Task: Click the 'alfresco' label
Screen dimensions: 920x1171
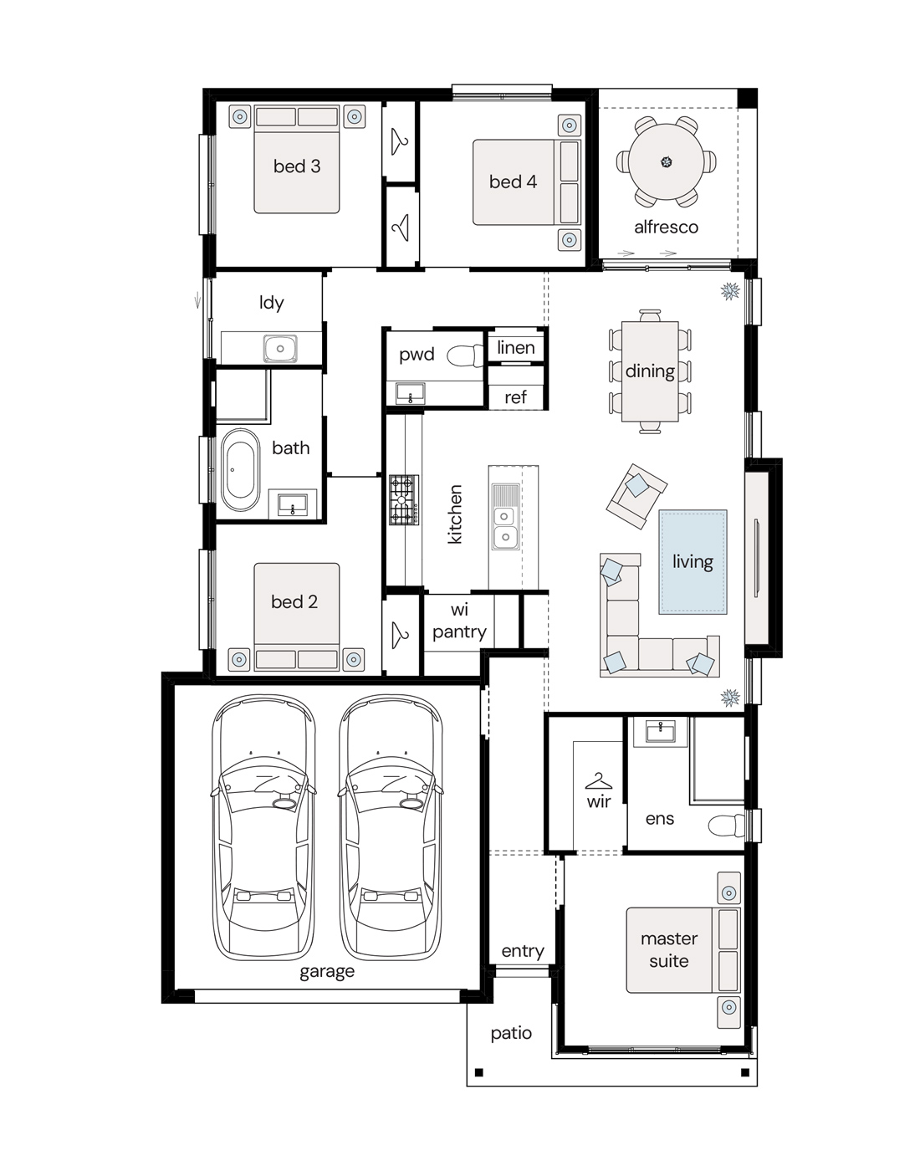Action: [x=666, y=228]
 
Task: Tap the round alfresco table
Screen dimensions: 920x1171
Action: [x=667, y=161]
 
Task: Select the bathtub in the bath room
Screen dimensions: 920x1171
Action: [x=240, y=469]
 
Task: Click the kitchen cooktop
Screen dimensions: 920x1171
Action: [x=404, y=499]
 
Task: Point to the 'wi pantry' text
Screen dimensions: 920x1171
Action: [x=459, y=621]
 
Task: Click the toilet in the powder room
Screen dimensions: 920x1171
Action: [x=465, y=355]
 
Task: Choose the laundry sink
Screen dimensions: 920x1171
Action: [x=280, y=349]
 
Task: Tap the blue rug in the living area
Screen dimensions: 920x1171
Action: [x=693, y=561]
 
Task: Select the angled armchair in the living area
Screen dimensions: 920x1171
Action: [x=636, y=496]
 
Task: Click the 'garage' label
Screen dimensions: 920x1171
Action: [x=327, y=971]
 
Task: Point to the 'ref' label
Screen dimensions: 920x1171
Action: [x=515, y=397]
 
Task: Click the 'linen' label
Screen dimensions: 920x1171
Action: [x=516, y=348]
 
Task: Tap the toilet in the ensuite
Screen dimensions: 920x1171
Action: [x=726, y=826]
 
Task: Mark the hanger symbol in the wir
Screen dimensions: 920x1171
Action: [x=598, y=781]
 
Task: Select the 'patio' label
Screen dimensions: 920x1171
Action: [x=511, y=1034]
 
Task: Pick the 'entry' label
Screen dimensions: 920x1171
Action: [x=523, y=951]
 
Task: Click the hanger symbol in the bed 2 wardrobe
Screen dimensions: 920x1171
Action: [x=401, y=635]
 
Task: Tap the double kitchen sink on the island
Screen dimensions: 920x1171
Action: [x=504, y=526]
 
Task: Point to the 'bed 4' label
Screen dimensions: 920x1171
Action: [x=513, y=182]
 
